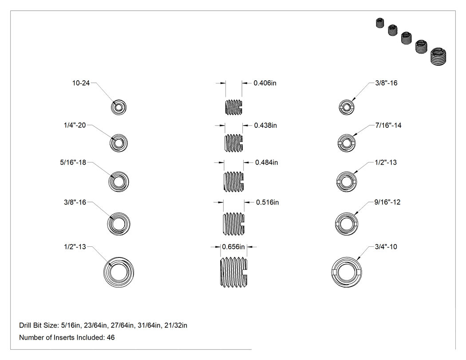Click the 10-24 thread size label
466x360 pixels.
[x=81, y=83]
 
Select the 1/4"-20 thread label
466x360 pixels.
[x=75, y=126]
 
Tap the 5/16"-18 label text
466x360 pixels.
[x=73, y=162]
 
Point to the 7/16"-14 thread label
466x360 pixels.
[x=388, y=126]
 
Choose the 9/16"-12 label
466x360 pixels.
[x=387, y=202]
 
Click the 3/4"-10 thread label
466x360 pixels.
[x=386, y=247]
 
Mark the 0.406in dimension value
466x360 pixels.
[x=265, y=83]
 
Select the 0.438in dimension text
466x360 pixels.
[x=265, y=126]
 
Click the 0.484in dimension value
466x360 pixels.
[x=267, y=162]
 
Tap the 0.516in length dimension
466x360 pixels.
[x=268, y=202]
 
